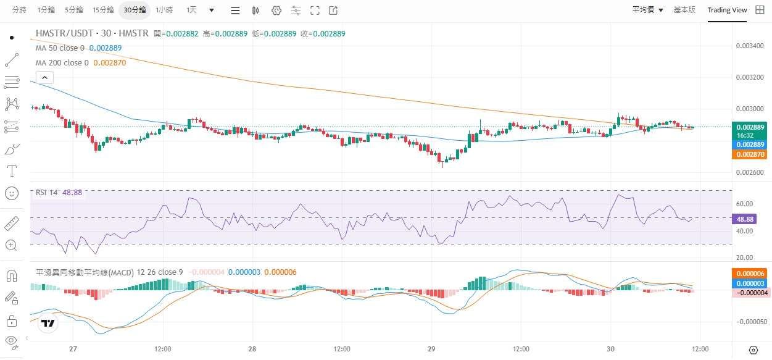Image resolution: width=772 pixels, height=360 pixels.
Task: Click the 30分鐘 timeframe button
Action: click(x=135, y=10)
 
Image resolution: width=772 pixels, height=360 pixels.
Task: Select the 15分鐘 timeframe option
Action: click(x=103, y=10)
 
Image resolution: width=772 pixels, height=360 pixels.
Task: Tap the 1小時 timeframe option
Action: click(x=164, y=10)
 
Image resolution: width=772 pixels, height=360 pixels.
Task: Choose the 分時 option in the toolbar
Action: click(x=19, y=10)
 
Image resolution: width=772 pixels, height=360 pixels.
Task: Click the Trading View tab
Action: click(x=726, y=10)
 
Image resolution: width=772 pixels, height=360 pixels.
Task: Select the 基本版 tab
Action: click(x=684, y=10)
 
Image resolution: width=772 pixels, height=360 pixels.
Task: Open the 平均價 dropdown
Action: click(x=647, y=10)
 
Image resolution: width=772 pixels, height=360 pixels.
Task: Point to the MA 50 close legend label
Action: click(x=60, y=48)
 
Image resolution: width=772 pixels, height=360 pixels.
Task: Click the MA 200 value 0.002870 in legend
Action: click(x=110, y=62)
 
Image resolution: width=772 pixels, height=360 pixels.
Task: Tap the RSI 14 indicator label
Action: click(x=46, y=192)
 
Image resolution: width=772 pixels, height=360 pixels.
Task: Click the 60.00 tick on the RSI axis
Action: click(x=745, y=204)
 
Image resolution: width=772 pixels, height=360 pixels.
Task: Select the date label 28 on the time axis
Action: click(x=252, y=349)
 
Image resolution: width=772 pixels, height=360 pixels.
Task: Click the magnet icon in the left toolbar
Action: click(x=11, y=275)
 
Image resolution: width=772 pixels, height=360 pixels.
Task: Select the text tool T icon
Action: click(x=11, y=170)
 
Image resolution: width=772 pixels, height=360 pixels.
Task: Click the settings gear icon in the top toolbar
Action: click(x=276, y=10)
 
